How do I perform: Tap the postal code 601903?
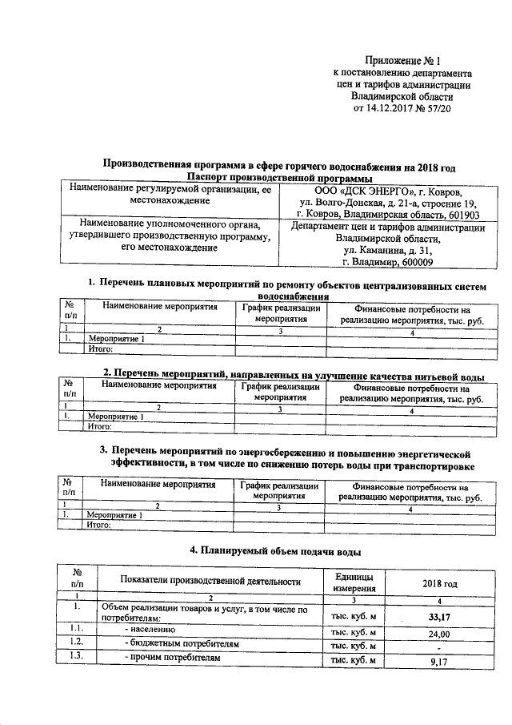458,215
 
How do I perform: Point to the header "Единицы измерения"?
349,582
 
